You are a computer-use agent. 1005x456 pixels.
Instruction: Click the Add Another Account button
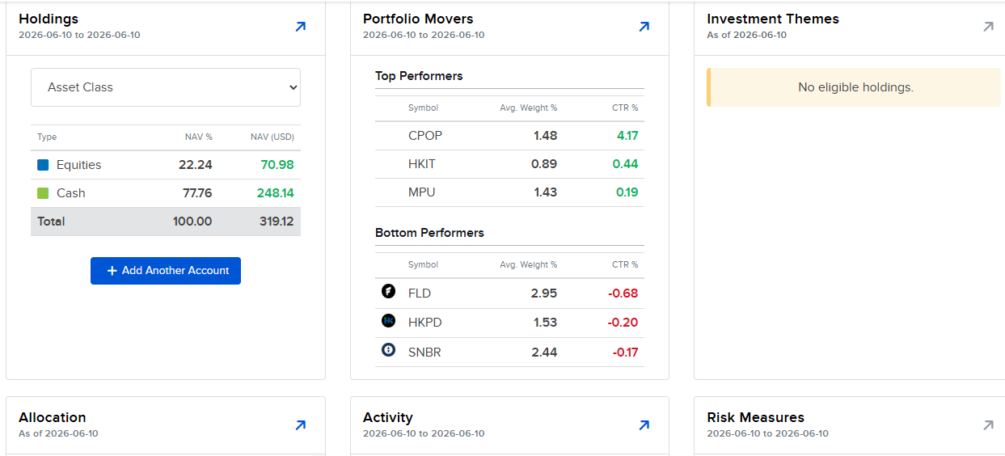coord(166,271)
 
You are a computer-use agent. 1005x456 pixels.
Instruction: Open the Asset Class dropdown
coord(166,87)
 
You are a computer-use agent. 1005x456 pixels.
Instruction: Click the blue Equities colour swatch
coord(43,165)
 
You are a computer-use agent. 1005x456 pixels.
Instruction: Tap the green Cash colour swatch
coord(43,193)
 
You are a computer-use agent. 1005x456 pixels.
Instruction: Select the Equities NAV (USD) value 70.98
coord(277,165)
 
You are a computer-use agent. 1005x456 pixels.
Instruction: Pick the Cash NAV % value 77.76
coord(197,193)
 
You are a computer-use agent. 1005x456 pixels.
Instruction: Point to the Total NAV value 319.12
coord(277,222)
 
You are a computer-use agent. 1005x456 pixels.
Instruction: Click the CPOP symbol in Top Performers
coord(425,136)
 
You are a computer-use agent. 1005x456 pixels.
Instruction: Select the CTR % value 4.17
coord(627,136)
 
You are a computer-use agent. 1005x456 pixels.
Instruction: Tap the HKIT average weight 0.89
coord(544,164)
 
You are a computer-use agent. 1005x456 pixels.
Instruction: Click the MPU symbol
coord(422,192)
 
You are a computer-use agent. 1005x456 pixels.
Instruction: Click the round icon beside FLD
coord(389,291)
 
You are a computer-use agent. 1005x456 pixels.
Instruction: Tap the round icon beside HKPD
coord(389,320)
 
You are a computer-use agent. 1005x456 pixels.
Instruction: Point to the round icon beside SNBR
coord(389,349)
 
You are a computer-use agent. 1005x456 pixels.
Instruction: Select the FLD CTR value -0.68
coord(623,293)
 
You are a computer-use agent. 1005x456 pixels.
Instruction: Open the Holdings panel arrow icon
coord(301,27)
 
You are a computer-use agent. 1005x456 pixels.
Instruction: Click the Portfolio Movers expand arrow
coord(644,27)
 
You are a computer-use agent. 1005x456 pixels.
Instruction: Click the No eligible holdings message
coord(855,87)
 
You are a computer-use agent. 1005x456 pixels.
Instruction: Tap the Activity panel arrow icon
coord(644,425)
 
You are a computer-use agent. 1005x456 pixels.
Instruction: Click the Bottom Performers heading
coord(429,233)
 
